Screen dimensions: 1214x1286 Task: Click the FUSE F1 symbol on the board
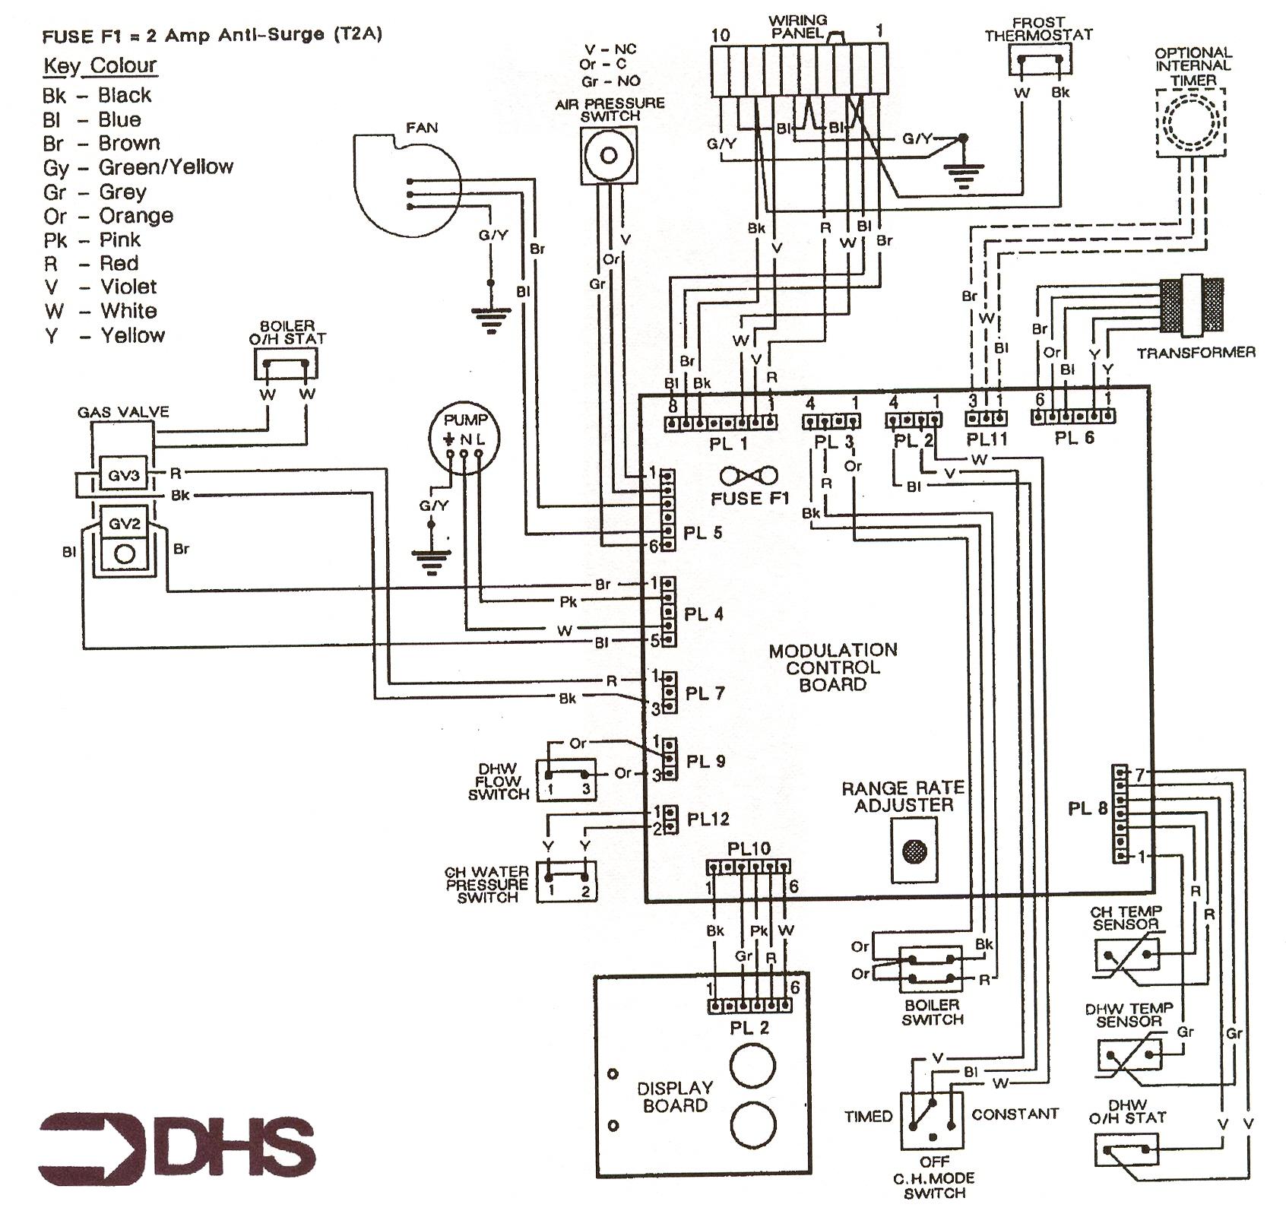pyautogui.click(x=749, y=477)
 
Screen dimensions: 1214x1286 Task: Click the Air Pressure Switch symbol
pyautogui.click(x=608, y=155)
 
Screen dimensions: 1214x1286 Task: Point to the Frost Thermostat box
pyautogui.click(x=1040, y=59)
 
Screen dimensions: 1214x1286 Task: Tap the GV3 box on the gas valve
pyautogui.click(x=124, y=475)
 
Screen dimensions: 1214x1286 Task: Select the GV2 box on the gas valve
pyautogui.click(x=125, y=524)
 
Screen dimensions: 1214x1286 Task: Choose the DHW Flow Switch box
pyautogui.click(x=567, y=779)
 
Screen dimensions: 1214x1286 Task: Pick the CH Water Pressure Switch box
pyautogui.click(x=567, y=882)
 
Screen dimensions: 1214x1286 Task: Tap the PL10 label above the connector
pyautogui.click(x=749, y=848)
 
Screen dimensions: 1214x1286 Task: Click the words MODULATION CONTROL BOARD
pyautogui.click(x=833, y=667)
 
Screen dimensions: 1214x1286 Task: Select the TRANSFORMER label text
pyautogui.click(x=1196, y=353)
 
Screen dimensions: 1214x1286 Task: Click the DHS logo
pyautogui.click(x=178, y=1143)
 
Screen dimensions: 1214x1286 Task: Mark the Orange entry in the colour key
pyautogui.click(x=108, y=216)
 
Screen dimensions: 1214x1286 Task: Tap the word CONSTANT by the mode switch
pyautogui.click(x=1015, y=1114)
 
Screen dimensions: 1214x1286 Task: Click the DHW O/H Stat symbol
pyautogui.click(x=1126, y=1150)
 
